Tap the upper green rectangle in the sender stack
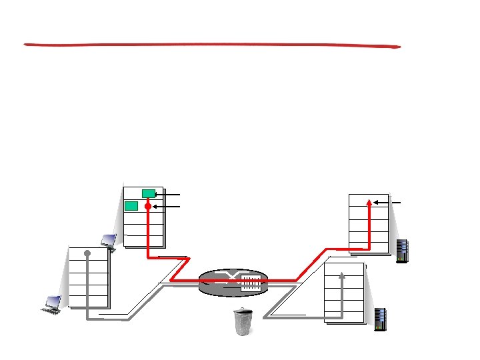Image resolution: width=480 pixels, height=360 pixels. (149, 193)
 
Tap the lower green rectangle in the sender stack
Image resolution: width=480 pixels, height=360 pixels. (131, 205)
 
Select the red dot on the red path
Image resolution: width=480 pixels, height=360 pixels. (148, 207)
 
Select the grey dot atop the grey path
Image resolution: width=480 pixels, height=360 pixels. (87, 253)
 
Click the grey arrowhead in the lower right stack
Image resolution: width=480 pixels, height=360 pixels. (342, 274)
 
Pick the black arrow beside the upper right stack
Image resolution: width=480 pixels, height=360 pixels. (387, 202)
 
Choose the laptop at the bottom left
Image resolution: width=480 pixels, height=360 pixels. (52, 304)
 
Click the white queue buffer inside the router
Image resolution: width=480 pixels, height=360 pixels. (250, 283)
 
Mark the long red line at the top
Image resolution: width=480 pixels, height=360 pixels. (212, 45)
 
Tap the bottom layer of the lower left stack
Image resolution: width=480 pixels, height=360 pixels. (89, 300)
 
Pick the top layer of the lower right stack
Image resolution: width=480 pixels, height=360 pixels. (344, 271)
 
